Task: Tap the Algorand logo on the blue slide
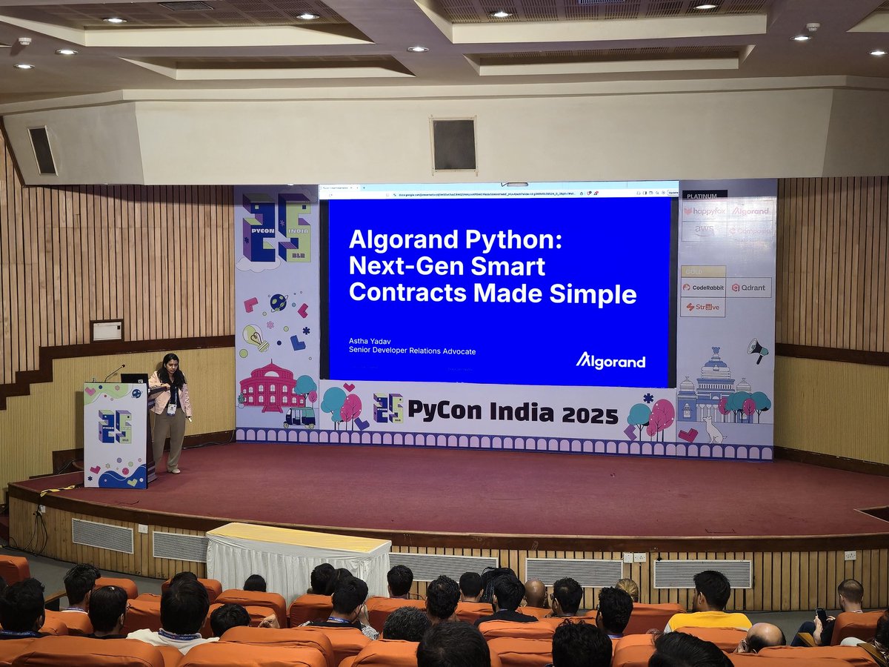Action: point(610,361)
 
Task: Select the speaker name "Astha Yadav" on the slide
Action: point(371,341)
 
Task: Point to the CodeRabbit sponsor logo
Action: point(702,288)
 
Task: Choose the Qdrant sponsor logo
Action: point(749,288)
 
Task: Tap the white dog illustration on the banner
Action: point(713,430)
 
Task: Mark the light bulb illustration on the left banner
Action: point(255,337)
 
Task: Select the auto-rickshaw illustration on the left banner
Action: point(299,417)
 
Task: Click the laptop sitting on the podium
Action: point(134,378)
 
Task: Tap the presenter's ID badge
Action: point(172,408)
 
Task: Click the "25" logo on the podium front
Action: point(115,426)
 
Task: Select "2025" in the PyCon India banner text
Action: point(590,415)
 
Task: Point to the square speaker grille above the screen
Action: point(453,145)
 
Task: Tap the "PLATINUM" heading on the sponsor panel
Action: point(703,195)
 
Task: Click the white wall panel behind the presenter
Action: point(107,331)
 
